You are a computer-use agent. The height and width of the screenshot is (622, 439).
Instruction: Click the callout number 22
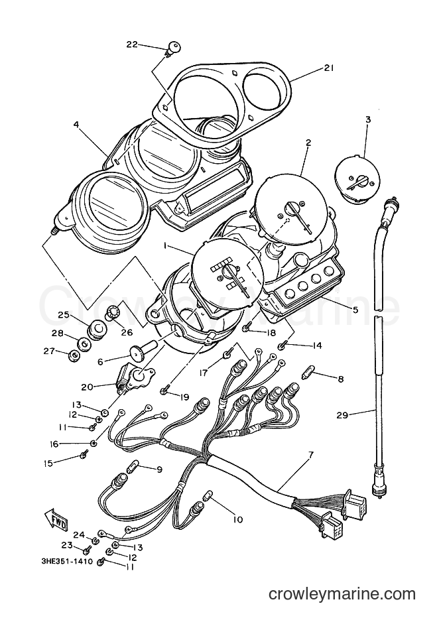pos(132,44)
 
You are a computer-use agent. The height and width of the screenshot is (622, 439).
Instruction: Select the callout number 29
pos(342,415)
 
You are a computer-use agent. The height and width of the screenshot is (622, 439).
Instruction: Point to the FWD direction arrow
pos(55,517)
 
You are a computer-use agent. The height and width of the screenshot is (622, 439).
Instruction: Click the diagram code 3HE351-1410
pos(66,561)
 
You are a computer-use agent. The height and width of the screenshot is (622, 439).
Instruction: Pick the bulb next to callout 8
pos(308,373)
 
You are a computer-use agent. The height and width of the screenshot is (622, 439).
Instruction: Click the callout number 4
pos(76,124)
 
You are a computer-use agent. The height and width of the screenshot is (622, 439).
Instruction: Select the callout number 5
pos(355,310)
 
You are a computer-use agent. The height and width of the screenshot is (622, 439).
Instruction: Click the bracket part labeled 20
pos(134,377)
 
